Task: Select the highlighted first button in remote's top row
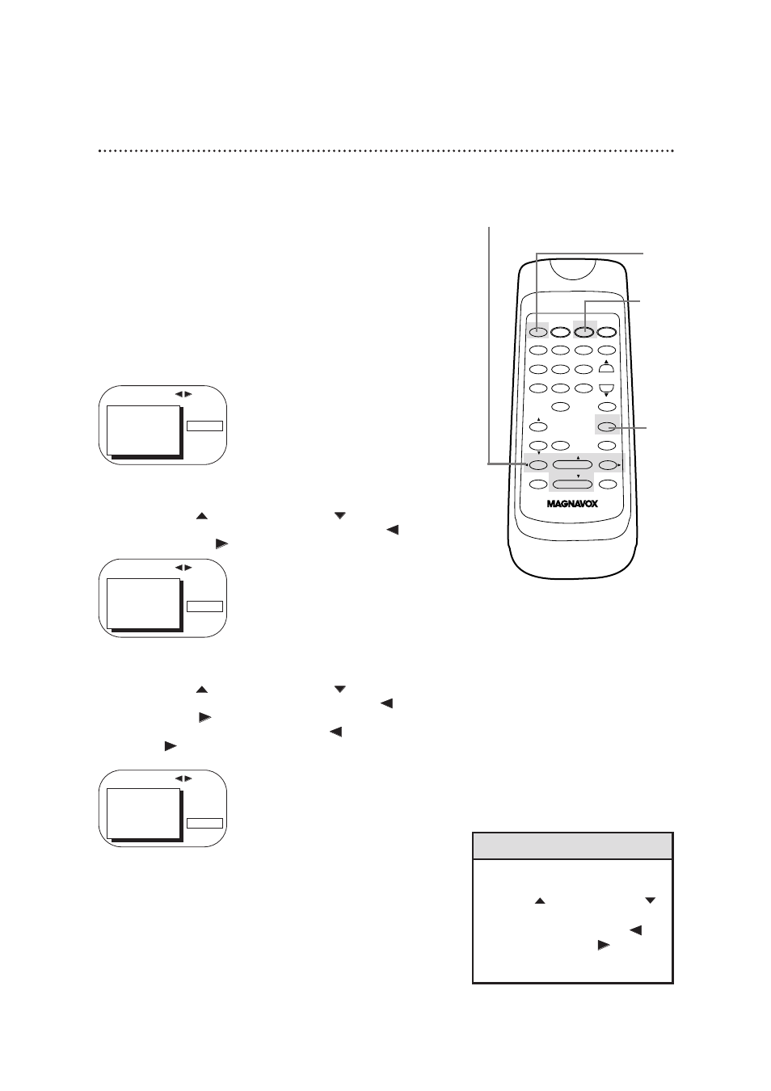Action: point(538,330)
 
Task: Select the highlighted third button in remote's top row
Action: point(584,330)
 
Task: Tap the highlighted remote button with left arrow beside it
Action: point(538,464)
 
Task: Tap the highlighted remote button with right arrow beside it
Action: point(608,464)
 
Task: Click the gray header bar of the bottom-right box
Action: point(572,846)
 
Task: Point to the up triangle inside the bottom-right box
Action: point(540,900)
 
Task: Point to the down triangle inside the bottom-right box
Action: point(650,900)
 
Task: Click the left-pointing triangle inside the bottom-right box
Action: point(636,930)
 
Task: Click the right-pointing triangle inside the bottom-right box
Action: point(602,944)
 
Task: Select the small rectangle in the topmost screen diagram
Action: point(204,426)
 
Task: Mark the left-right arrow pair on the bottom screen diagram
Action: point(183,778)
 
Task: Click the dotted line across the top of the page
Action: point(385,151)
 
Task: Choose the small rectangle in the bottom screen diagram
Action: point(204,823)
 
